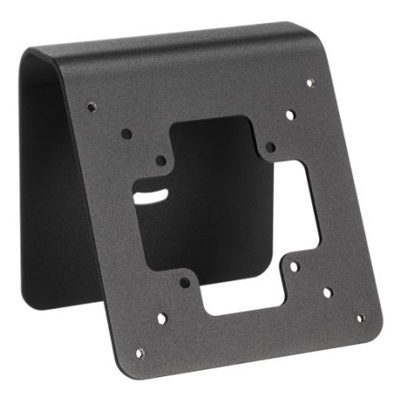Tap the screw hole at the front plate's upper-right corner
[310, 83]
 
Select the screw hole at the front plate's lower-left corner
[139, 352]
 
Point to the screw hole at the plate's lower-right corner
[359, 318]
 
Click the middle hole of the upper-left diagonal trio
[127, 133]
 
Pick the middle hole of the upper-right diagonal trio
[291, 114]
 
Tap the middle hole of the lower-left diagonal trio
[161, 317]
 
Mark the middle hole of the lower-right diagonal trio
[326, 292]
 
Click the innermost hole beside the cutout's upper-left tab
[161, 161]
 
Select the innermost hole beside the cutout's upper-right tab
[271, 145]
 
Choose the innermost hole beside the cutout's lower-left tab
[184, 282]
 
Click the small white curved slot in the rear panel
[153, 191]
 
